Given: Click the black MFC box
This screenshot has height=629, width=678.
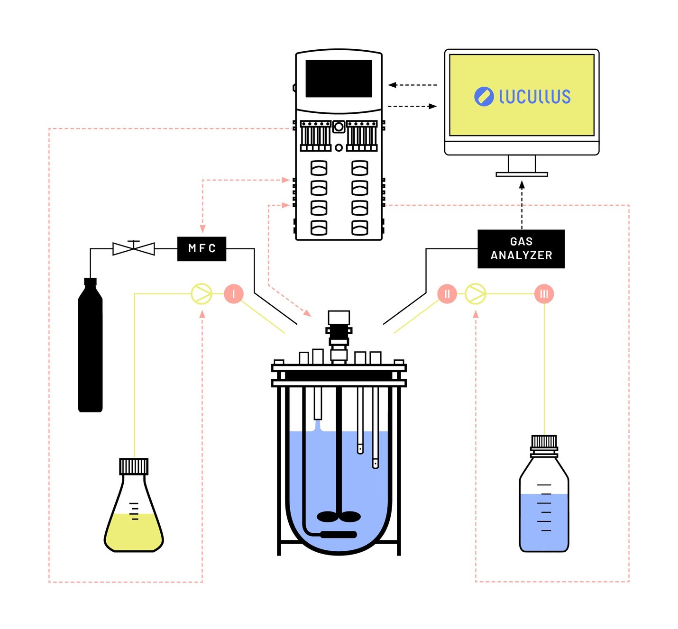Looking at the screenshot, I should click(x=202, y=248).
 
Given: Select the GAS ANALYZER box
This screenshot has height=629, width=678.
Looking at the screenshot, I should click(x=521, y=249).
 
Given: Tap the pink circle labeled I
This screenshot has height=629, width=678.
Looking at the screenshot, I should click(x=233, y=294).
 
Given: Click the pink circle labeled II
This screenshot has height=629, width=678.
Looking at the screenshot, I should click(x=447, y=294).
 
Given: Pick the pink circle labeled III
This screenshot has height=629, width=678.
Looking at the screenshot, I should click(x=544, y=294).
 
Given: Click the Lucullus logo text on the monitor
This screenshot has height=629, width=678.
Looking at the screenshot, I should click(x=534, y=97).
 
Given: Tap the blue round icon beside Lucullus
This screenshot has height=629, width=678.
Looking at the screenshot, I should click(x=484, y=97).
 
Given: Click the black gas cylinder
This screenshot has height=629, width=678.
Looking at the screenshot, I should click(x=90, y=351).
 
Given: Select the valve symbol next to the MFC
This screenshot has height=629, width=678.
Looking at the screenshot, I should click(x=134, y=248).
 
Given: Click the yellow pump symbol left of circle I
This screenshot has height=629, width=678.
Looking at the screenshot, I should click(x=201, y=294).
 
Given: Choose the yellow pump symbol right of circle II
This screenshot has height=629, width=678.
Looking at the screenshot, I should click(x=475, y=294).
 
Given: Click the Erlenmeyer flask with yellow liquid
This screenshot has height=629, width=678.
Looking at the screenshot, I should click(x=134, y=521).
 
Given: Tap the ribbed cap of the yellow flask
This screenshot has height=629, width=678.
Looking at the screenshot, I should click(x=134, y=466).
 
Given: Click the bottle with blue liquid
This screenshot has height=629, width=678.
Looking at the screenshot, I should click(x=544, y=512).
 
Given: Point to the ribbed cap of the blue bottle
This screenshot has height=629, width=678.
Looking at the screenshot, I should click(x=544, y=442).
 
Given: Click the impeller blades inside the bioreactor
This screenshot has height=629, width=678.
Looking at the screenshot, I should click(x=339, y=517).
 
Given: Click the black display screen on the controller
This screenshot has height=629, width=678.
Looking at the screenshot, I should click(x=339, y=79).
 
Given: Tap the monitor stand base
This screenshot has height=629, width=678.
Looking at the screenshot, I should click(x=522, y=174).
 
